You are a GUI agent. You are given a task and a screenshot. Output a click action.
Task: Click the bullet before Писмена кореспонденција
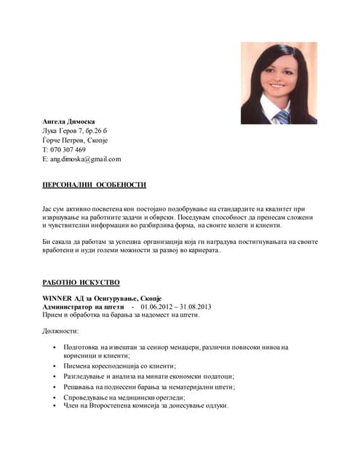click(55, 367)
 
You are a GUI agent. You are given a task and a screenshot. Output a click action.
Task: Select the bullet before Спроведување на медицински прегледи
click(55, 397)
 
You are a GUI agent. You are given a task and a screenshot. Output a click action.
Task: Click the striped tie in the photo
click(281, 116)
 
